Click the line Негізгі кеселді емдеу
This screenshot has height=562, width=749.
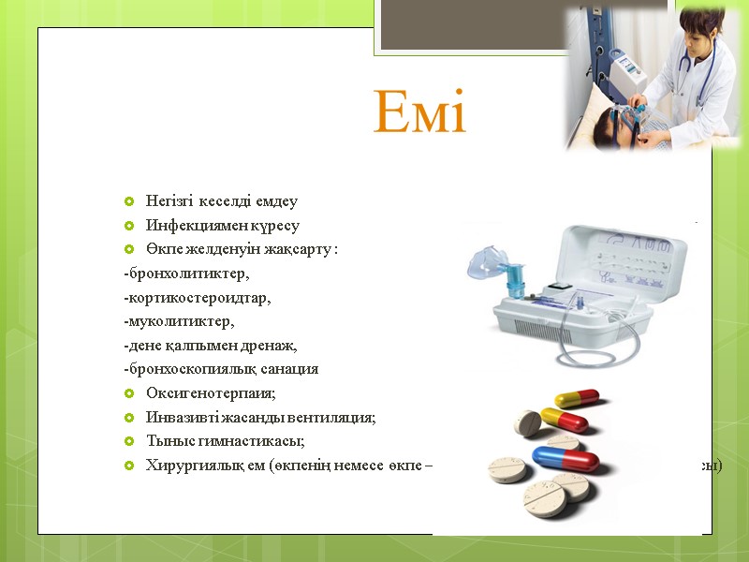point(221,201)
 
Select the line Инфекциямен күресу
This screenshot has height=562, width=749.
point(223,226)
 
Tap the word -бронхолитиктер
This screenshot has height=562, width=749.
point(186,274)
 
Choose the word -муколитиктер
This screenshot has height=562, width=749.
point(179,321)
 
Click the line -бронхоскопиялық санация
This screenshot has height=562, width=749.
point(221,369)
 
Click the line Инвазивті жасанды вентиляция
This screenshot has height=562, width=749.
point(260,418)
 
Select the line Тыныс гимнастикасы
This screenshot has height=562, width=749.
point(226,441)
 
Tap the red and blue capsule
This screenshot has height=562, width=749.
point(565,459)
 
